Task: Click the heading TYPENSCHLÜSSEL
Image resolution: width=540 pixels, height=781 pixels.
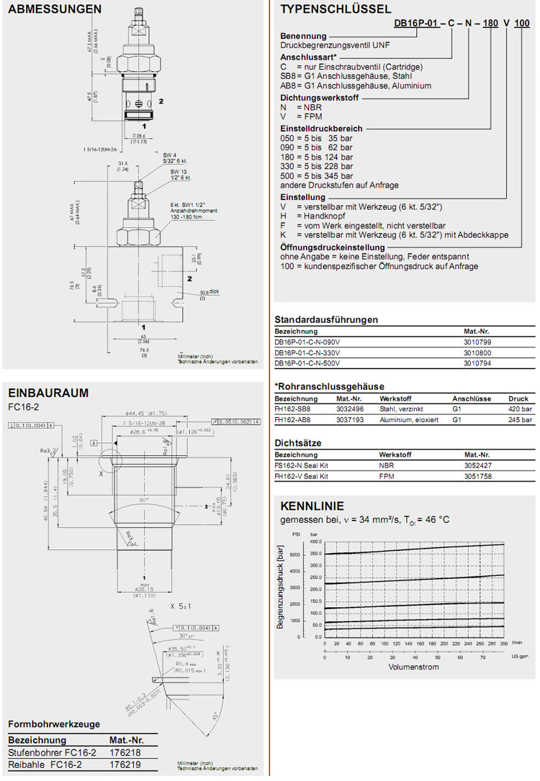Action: pyautogui.click(x=336, y=9)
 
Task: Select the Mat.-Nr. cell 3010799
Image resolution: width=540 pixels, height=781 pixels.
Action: pyautogui.click(x=479, y=342)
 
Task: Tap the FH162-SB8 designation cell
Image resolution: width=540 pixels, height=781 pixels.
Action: pyautogui.click(x=295, y=408)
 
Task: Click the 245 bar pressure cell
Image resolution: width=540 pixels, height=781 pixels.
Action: pyautogui.click(x=520, y=419)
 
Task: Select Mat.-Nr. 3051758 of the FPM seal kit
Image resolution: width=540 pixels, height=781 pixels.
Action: pyautogui.click(x=480, y=475)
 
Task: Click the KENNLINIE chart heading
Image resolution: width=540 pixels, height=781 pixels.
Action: pyautogui.click(x=312, y=506)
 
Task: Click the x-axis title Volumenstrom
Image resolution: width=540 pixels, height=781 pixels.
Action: pyautogui.click(x=413, y=667)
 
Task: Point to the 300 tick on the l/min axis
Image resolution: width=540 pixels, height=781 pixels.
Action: pyautogui.click(x=503, y=644)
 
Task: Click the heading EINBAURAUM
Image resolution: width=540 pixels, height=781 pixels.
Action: pyautogui.click(x=48, y=393)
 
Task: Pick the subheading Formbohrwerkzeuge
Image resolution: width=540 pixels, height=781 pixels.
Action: pyautogui.click(x=54, y=724)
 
